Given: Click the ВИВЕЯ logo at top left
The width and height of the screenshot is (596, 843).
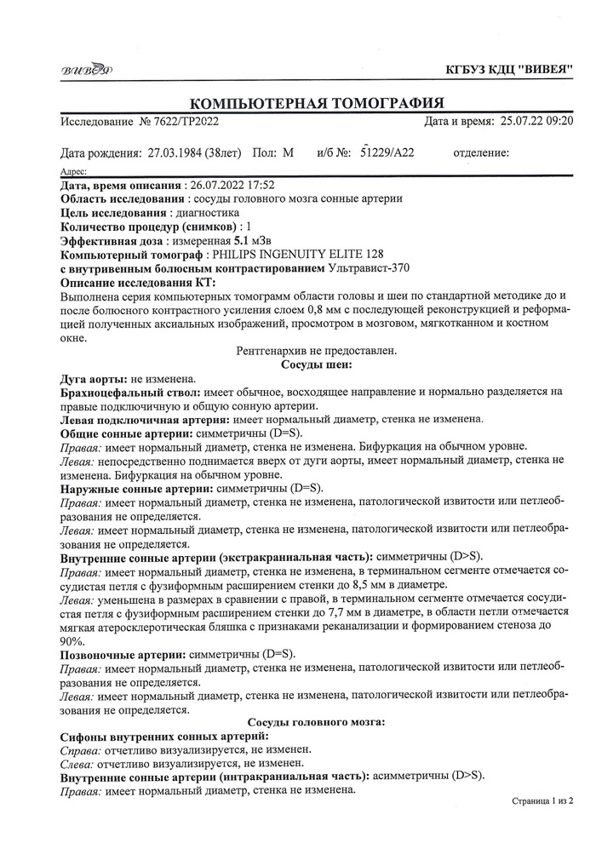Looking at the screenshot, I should [86, 69].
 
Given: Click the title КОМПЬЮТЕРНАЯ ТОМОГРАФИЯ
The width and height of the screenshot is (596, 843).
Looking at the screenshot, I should [316, 103].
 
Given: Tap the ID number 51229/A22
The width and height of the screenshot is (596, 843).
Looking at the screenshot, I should [387, 153].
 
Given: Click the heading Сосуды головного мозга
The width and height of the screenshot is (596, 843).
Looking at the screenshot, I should [316, 721].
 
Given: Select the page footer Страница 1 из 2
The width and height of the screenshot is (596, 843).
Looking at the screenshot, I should [542, 801].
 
